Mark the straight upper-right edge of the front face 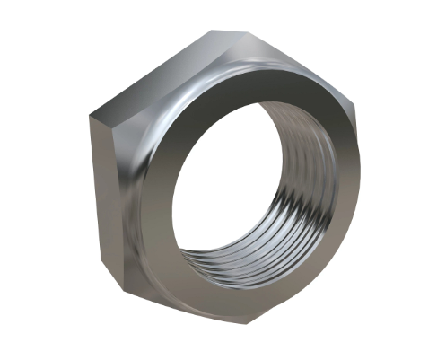click(x=296, y=66)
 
